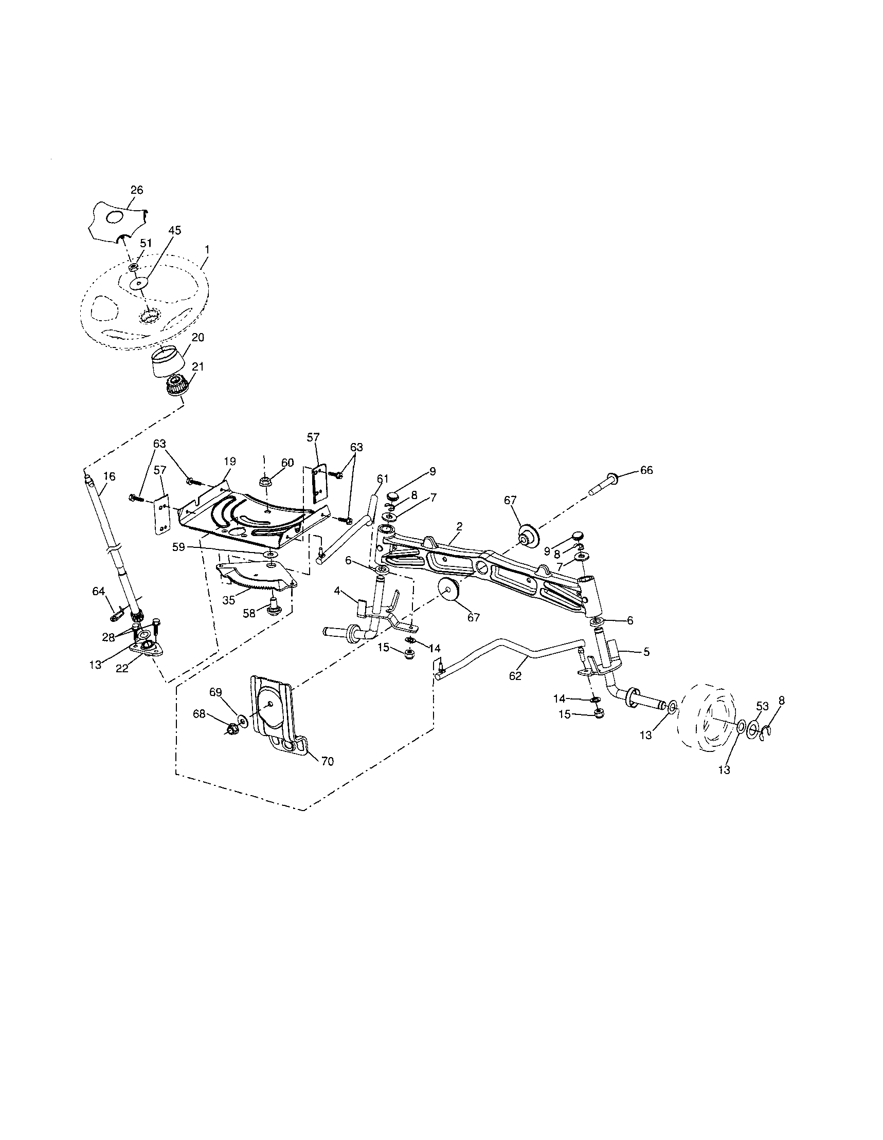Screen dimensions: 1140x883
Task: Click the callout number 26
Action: [136, 190]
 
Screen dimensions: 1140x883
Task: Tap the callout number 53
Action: [762, 706]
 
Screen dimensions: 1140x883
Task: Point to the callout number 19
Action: [230, 462]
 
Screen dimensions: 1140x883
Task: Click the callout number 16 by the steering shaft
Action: [109, 476]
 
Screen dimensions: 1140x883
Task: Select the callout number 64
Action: [98, 591]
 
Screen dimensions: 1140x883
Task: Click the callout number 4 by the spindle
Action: [337, 591]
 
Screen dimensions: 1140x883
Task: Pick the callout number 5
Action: [646, 651]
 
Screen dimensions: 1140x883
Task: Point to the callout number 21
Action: [197, 367]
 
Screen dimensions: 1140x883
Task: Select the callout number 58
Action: [249, 613]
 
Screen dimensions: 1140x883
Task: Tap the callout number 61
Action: [383, 479]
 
